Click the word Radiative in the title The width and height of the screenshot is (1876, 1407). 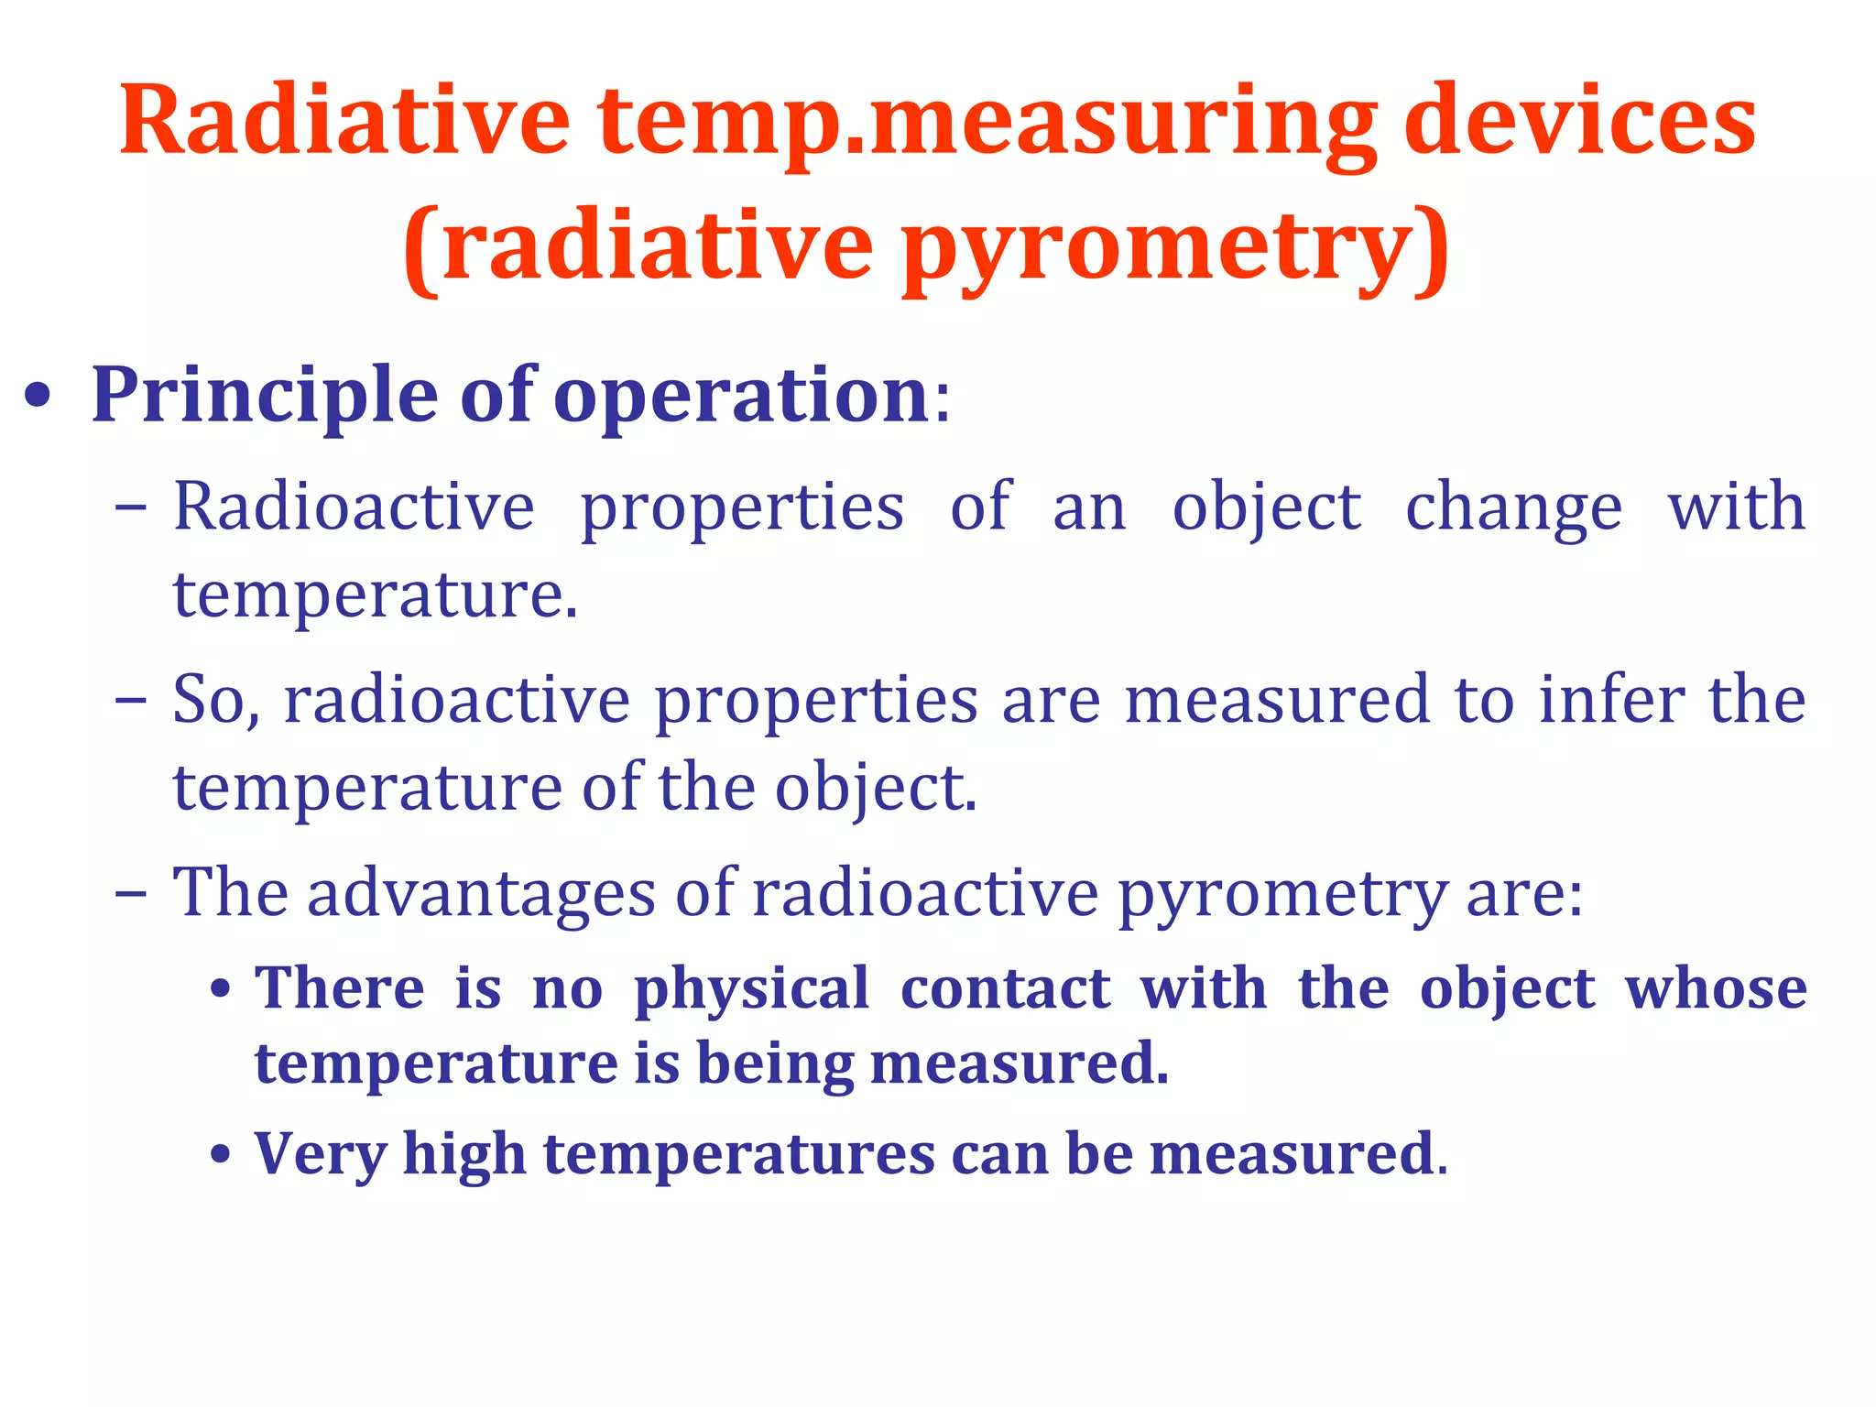coord(344,120)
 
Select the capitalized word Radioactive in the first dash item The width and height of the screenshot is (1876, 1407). coord(354,507)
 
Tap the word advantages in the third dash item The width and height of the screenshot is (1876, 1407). coord(481,892)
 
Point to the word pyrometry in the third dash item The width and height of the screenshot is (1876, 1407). coord(1282,894)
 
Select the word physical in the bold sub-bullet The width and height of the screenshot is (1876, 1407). coord(751,989)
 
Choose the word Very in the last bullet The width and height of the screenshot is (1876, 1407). coord(321,1153)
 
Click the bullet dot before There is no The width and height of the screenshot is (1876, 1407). coord(220,991)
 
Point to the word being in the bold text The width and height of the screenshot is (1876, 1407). coord(775,1063)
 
